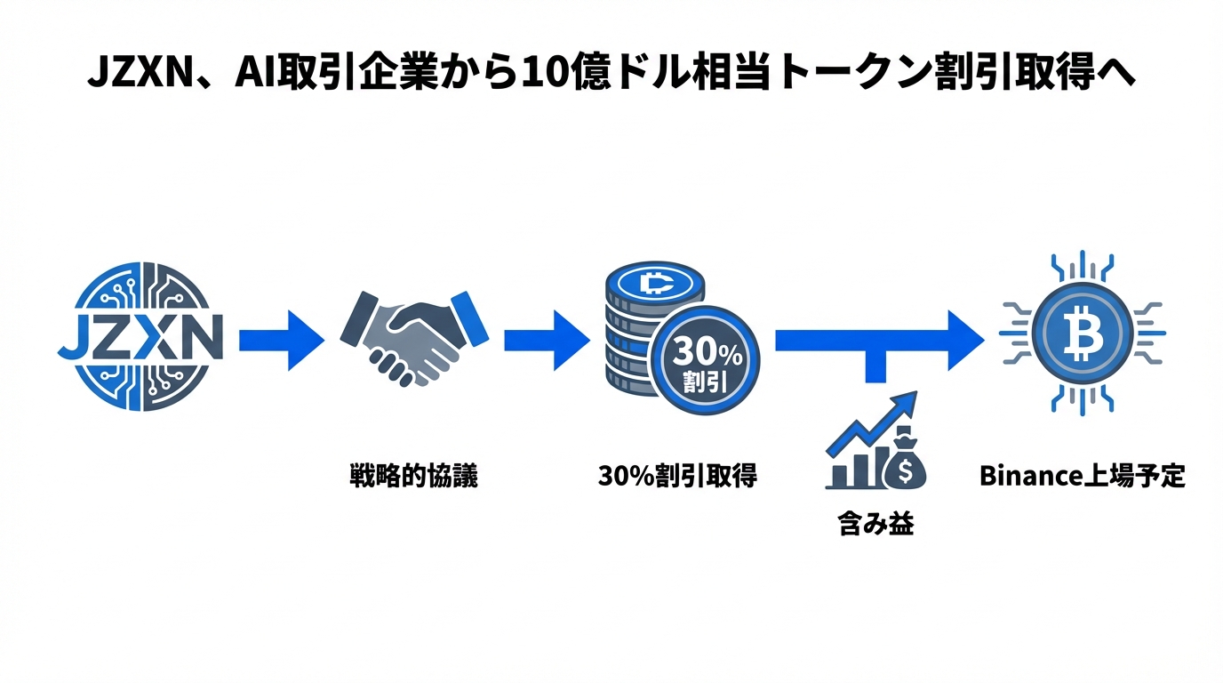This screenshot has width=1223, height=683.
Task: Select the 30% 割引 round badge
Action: coord(707,366)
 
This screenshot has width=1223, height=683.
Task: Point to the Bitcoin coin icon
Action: coord(1083,334)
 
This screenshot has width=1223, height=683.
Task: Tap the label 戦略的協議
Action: coord(414,476)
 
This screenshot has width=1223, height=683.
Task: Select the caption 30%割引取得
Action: coord(677,476)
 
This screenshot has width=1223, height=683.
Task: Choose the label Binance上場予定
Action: coord(1083,476)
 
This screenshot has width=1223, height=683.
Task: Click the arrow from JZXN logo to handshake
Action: coord(280,339)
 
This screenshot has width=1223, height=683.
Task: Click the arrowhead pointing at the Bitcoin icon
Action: coord(964,339)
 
